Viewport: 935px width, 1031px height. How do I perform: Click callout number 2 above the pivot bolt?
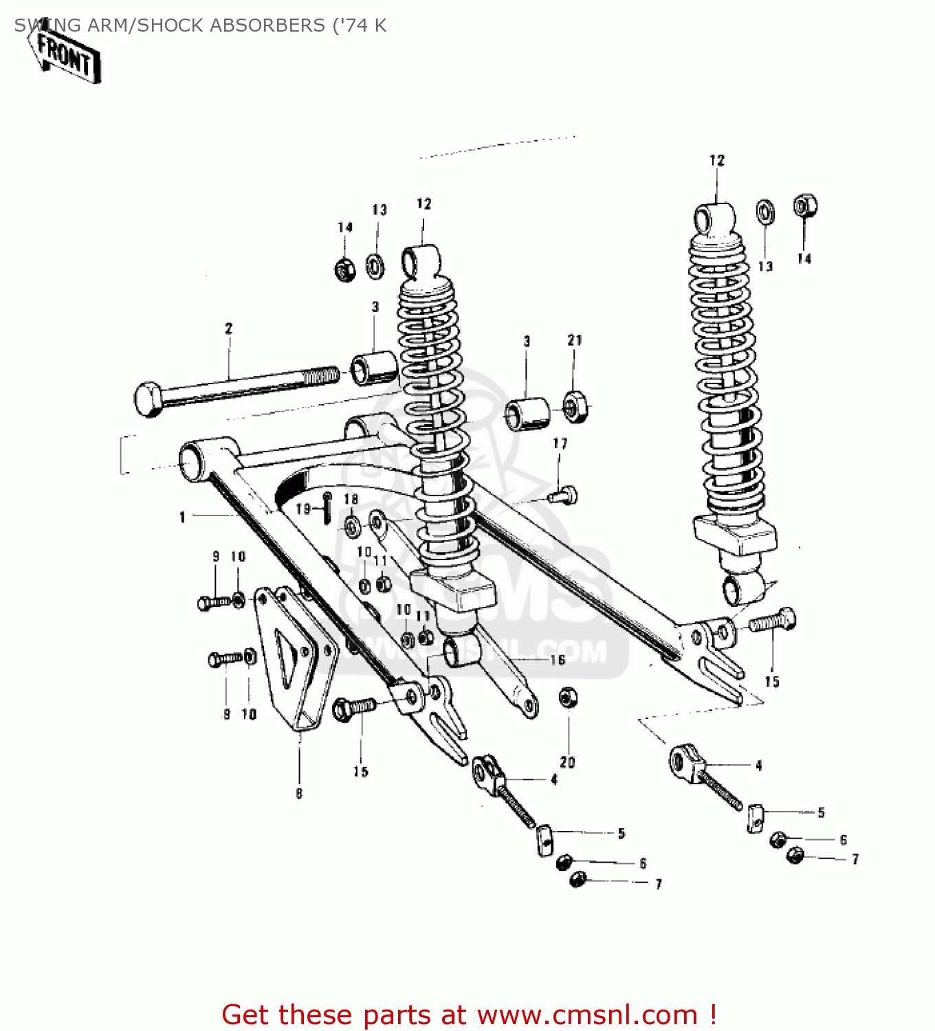229,329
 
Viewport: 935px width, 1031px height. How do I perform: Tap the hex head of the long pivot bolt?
148,399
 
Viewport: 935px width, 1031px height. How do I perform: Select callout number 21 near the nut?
575,340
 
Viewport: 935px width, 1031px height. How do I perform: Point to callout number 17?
560,444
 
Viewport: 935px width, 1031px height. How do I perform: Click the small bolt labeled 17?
564,494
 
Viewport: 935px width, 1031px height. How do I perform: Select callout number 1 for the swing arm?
182,517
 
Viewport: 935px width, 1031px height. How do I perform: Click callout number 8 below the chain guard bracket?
299,794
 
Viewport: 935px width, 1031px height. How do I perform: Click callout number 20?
567,762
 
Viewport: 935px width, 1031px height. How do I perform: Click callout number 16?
558,661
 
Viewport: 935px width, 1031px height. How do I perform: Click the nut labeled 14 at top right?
804,206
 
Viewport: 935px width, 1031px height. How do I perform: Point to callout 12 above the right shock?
717,161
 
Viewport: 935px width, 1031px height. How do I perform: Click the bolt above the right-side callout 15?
773,621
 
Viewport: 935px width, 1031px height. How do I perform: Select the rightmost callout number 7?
855,859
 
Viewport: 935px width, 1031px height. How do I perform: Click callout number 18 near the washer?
351,499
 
